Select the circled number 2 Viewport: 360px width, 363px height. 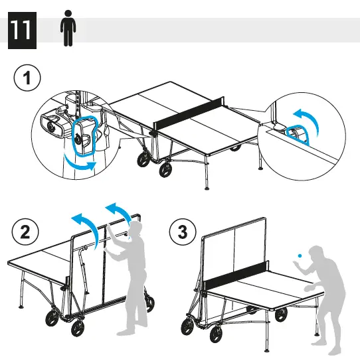click(26, 232)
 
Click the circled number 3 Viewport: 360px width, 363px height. click(183, 232)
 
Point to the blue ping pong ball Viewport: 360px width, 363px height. click(300, 254)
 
